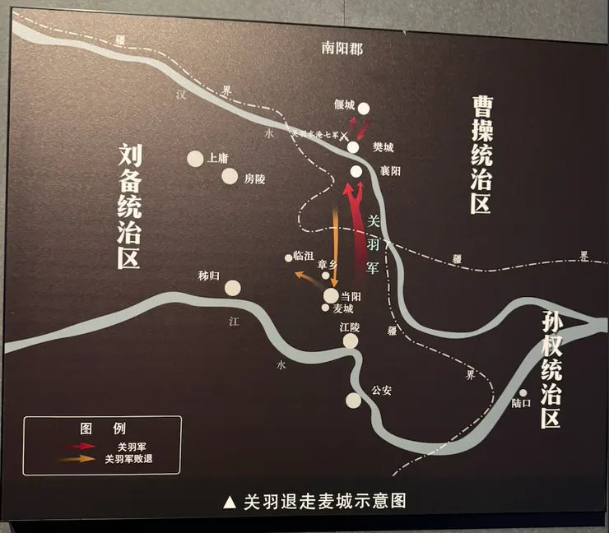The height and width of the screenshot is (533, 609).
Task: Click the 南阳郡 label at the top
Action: [x=342, y=49]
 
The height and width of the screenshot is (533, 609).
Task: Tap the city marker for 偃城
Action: [x=363, y=108]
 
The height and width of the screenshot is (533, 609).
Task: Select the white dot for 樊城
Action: [x=352, y=147]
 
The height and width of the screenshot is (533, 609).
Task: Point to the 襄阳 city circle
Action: [x=356, y=171]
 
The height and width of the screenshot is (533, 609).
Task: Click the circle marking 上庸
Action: [x=195, y=158]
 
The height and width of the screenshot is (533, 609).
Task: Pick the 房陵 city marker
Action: [x=230, y=176]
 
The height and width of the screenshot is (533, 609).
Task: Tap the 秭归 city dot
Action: [x=233, y=287]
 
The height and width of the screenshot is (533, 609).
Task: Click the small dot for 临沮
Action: [x=289, y=257]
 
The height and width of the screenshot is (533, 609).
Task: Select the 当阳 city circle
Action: [x=331, y=295]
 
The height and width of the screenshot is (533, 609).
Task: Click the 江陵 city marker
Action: [x=351, y=341]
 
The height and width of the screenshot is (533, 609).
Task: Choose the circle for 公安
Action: [x=353, y=400]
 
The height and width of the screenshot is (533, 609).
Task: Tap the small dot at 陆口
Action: [x=523, y=392]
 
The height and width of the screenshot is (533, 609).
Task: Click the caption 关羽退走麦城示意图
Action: [x=315, y=501]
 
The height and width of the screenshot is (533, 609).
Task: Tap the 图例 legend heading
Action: [x=102, y=429]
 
